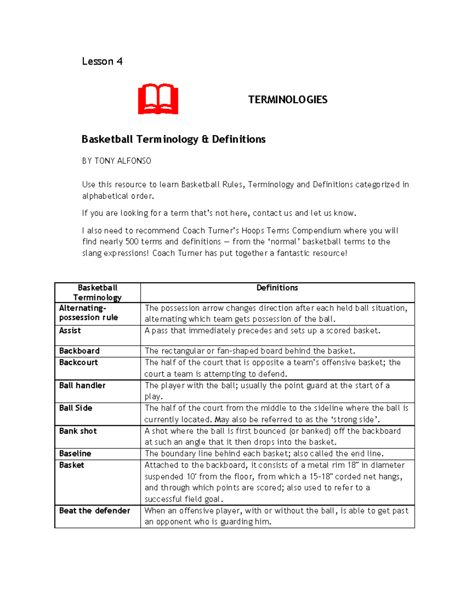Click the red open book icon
point(158,99)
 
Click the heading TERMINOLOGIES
point(288,100)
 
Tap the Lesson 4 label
point(102,61)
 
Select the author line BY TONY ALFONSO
point(116,161)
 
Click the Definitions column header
point(277,288)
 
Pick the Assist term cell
point(70,331)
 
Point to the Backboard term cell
point(79,351)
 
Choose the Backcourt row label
point(78,362)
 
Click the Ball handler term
point(82,385)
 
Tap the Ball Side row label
point(76,408)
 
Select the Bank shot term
point(78,431)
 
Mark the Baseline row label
point(75,453)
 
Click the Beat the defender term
point(94,511)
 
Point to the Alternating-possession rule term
point(89,313)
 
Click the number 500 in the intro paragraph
point(132,242)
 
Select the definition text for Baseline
point(264,453)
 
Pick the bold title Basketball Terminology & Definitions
point(174,139)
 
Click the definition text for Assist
point(263,331)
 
